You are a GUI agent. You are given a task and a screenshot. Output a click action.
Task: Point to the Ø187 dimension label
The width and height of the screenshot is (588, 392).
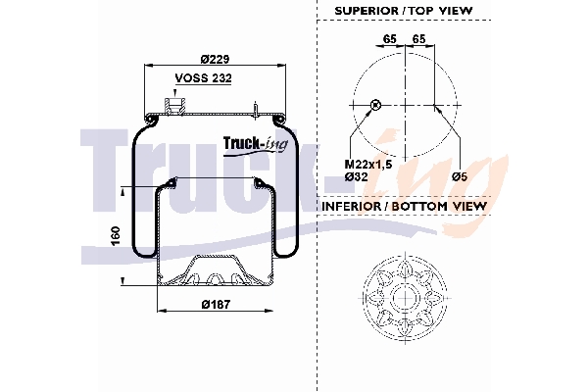[216, 305]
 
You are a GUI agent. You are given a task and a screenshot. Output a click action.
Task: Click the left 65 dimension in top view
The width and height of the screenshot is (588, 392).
[389, 38]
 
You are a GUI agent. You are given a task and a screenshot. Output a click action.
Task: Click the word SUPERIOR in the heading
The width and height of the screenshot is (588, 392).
[367, 11]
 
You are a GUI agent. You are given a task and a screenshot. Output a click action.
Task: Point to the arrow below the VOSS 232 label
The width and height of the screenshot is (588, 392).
[177, 90]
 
